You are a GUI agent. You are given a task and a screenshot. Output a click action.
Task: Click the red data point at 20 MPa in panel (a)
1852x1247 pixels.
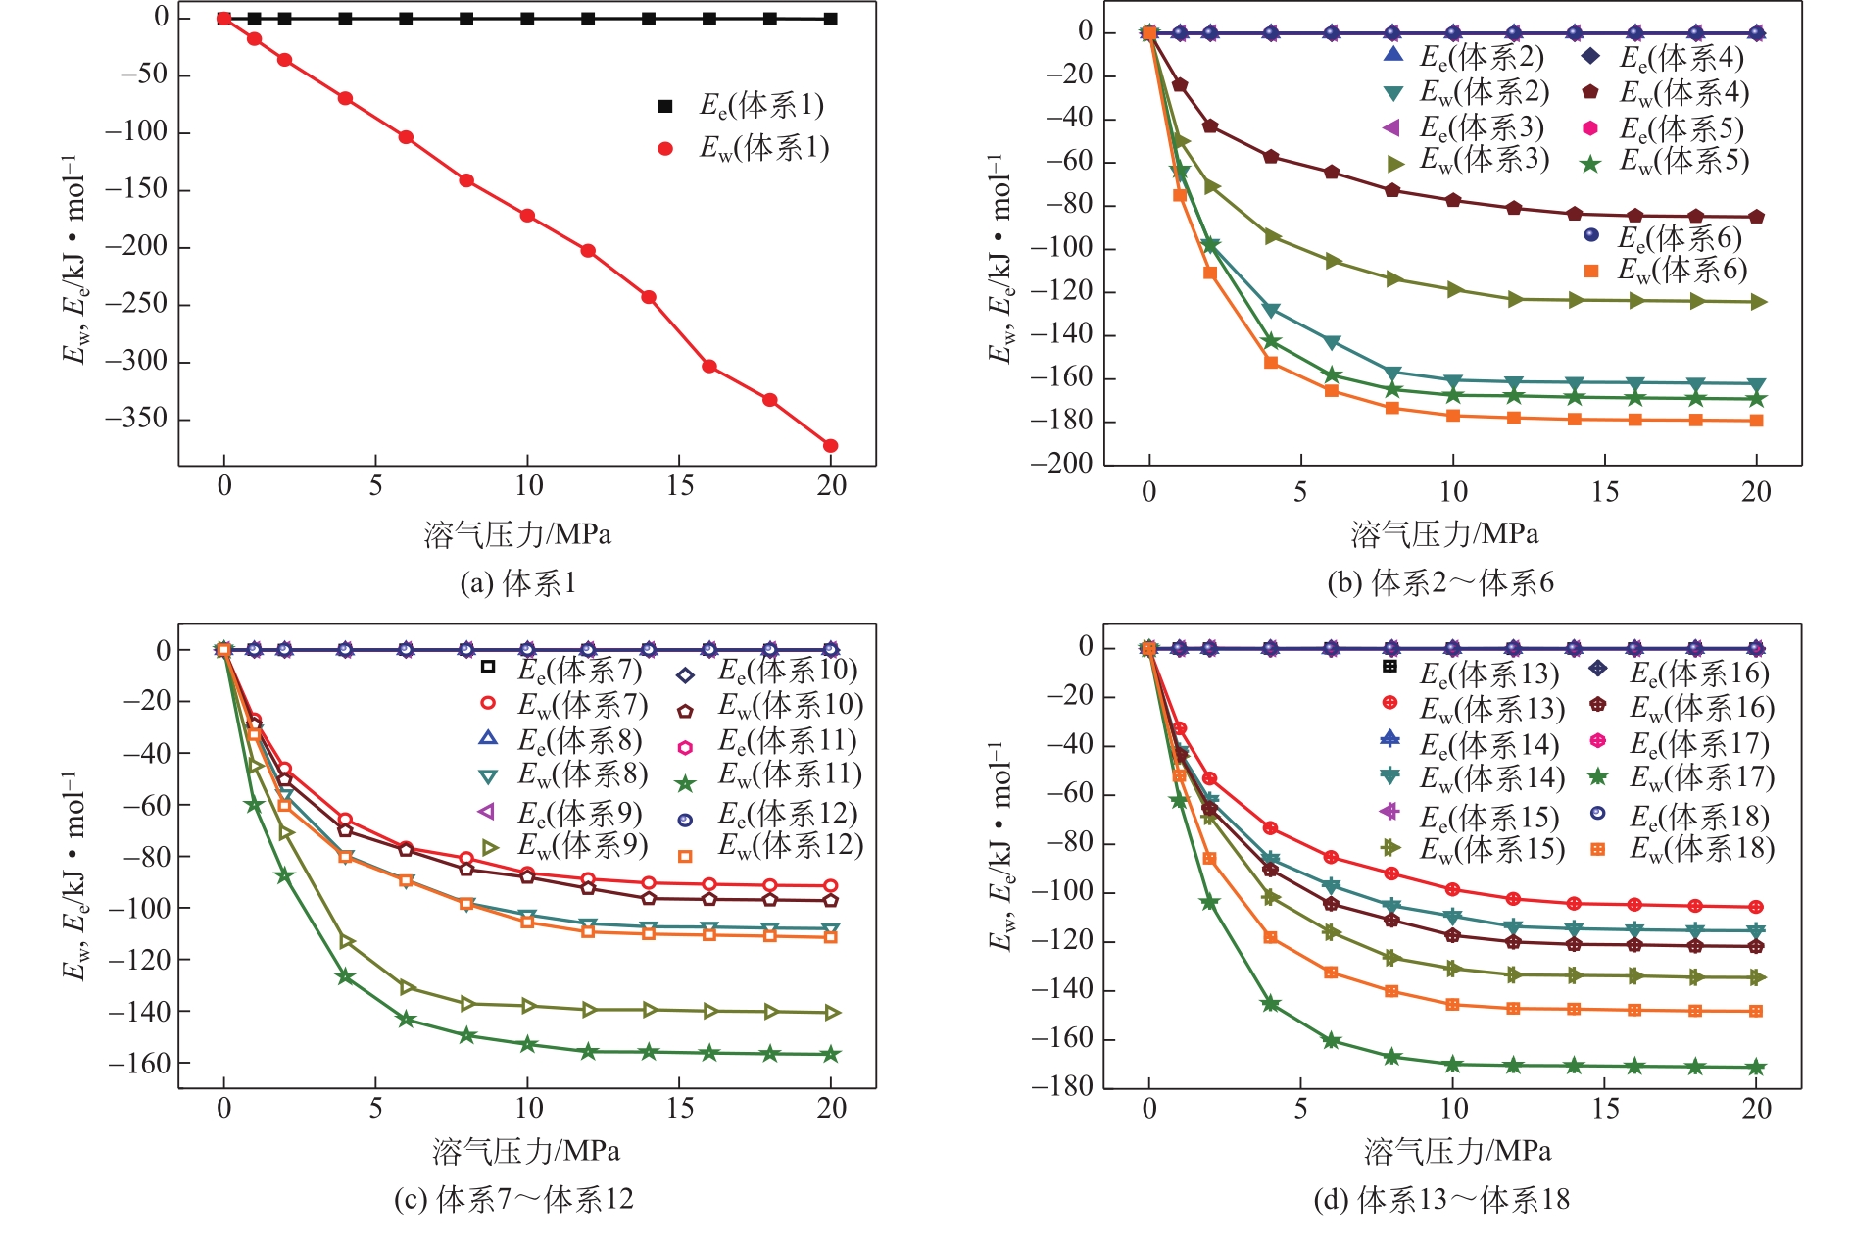tap(831, 446)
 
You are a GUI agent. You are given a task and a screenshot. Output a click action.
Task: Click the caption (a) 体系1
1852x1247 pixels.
tap(518, 583)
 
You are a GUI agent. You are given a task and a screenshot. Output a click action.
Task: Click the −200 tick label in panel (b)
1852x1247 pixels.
tap(1060, 464)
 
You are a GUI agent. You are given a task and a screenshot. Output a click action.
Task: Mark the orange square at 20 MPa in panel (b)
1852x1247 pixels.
tap(1757, 421)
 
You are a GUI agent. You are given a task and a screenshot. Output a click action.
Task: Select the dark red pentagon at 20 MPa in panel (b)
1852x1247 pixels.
tap(1757, 217)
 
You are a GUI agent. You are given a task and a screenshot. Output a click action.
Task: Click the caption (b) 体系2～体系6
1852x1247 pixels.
tap(1440, 583)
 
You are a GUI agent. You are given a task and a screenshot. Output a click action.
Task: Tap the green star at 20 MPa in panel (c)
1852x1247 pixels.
tap(831, 1054)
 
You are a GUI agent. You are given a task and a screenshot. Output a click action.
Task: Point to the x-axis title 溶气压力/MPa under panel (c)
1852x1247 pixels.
tap(526, 1151)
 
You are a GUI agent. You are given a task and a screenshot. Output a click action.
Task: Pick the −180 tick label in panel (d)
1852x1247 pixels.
tap(1060, 1086)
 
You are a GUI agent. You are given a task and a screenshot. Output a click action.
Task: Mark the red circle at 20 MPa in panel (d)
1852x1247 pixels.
tap(1756, 907)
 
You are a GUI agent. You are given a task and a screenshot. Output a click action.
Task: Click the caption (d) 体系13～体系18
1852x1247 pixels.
tap(1441, 1199)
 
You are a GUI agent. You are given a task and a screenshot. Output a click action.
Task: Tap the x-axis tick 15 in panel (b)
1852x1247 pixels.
tap(1605, 492)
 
